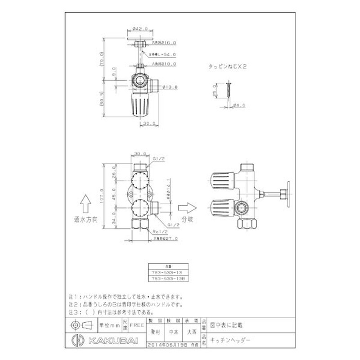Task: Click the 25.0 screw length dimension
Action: (215, 92)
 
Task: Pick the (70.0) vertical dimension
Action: (102, 59)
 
